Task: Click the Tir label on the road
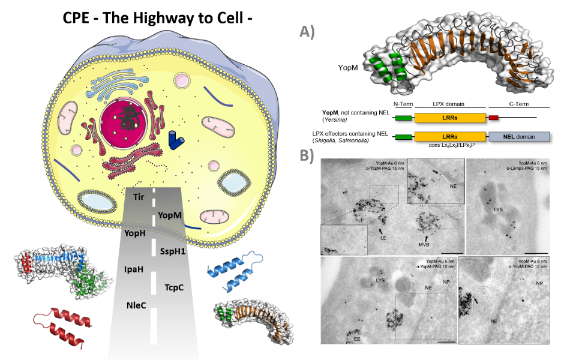point(139,196)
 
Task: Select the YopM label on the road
point(169,215)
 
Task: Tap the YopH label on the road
point(136,233)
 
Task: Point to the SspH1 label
point(173,250)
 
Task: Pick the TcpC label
point(174,287)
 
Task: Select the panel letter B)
point(307,155)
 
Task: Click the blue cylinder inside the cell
point(176,140)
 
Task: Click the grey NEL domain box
point(520,137)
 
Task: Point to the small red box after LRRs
point(493,118)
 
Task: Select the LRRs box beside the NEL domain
point(450,137)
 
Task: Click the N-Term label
point(404,104)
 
